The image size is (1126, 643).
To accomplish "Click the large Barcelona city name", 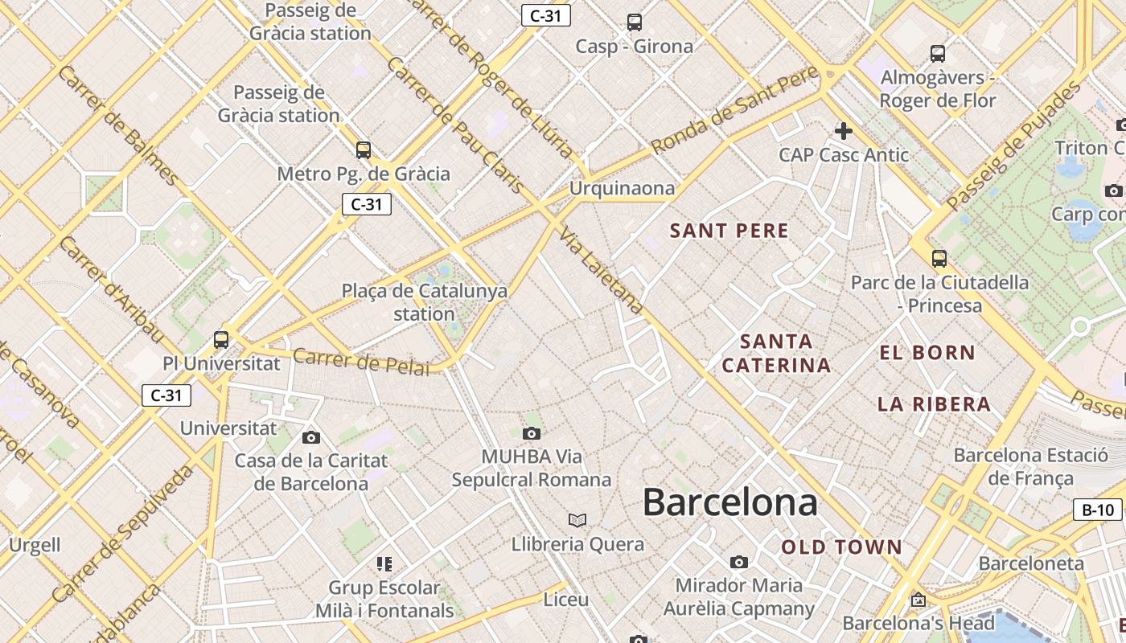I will pos(729,502).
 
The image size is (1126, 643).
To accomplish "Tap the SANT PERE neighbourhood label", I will pos(729,231).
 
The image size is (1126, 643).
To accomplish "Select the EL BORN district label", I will pos(927,352).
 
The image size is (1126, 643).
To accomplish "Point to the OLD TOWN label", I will pos(842,547).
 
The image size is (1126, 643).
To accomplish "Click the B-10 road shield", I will pos(1098,510).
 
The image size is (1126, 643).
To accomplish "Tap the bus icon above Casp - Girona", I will pos(635,23).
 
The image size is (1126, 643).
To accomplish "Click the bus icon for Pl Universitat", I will pos(221,340).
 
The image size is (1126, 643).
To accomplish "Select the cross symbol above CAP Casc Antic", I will pos(843,130).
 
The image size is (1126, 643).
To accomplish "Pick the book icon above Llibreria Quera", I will pos(577,520).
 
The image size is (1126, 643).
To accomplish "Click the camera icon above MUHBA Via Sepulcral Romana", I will pos(531,434).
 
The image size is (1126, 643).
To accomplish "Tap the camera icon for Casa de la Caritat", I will pos(311,438).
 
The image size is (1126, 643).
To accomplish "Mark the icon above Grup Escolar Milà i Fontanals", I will pos(384,564).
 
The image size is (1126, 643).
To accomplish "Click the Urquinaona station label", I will pos(622,188).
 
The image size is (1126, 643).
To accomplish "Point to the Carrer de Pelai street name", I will pos(360,362).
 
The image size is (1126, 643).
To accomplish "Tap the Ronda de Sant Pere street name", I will pos(734,110).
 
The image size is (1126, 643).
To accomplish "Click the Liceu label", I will pos(566,600).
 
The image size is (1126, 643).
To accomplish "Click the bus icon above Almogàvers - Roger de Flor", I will pos(937,54).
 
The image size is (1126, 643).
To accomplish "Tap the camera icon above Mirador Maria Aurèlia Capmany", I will pos(738,562).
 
